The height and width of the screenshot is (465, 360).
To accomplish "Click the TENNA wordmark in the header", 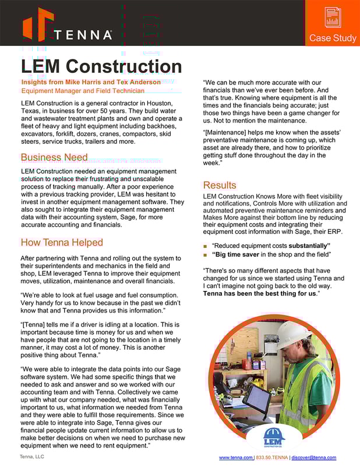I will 83,35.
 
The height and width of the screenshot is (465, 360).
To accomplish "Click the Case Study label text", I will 333,38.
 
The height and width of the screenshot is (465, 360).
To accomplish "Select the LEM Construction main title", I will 101,66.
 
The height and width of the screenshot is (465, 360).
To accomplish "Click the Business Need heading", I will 54,158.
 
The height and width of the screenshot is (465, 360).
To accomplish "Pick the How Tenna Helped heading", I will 62,242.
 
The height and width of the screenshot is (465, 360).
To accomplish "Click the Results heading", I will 220,185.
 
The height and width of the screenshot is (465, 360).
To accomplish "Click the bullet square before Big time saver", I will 205,255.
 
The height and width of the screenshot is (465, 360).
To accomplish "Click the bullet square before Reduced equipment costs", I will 205,246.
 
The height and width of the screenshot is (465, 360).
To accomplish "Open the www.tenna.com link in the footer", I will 235,458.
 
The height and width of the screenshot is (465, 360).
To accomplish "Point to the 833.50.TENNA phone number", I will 272,458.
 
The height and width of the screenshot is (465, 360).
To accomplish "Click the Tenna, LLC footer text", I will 32,456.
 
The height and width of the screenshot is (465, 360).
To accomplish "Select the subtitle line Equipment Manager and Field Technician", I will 83,91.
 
